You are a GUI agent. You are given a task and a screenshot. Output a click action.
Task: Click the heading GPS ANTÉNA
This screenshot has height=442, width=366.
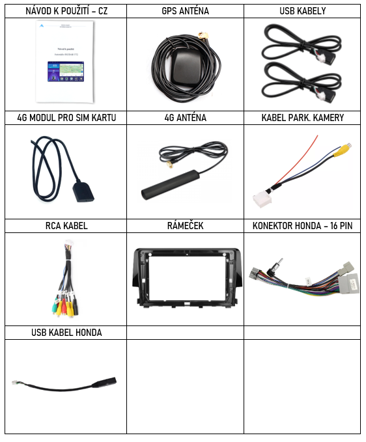click(x=185, y=11)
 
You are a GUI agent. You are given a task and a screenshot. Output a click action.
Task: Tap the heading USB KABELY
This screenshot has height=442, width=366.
click(x=303, y=11)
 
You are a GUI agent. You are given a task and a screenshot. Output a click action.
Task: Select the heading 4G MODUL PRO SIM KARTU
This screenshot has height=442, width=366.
click(x=66, y=118)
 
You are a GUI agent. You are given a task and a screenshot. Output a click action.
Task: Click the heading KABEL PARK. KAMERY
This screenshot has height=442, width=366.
click(x=303, y=118)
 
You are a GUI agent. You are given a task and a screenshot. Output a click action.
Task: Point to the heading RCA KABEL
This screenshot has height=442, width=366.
click(x=66, y=225)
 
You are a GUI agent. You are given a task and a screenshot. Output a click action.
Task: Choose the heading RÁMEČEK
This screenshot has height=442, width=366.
click(x=185, y=225)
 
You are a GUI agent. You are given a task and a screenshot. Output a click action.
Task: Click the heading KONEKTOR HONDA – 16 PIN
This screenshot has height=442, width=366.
click(x=303, y=225)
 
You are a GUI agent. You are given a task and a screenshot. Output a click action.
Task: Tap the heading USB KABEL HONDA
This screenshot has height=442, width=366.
click(x=66, y=333)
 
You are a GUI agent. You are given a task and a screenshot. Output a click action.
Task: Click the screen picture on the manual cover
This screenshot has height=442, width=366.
click(x=66, y=72)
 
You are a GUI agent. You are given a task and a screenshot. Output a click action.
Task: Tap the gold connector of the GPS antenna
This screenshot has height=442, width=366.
click(x=204, y=36)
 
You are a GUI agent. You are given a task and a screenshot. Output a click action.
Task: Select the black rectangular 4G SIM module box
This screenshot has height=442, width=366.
click(x=83, y=193)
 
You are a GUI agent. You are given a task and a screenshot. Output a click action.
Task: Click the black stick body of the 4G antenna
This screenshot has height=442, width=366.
click(x=171, y=185)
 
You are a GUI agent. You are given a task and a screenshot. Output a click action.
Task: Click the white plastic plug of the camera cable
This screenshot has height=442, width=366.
click(x=262, y=199)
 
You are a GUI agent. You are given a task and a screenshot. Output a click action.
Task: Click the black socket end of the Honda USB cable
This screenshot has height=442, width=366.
click(x=104, y=382)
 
